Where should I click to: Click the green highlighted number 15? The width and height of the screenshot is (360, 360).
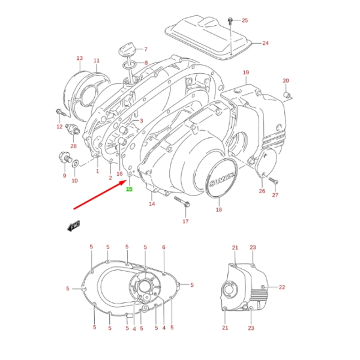pos(128,190)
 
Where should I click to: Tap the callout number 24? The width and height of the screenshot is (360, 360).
pos(265,43)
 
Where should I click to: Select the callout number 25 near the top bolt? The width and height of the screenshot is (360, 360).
pos(244,20)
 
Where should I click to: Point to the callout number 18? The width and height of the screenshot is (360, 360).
pos(219,210)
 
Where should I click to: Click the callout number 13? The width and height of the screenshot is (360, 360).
pos(79,58)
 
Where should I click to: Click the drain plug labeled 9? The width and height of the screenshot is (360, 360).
pos(62,158)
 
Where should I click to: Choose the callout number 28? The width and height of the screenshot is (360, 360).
pos(73,146)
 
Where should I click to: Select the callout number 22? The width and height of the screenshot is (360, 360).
pos(282,287)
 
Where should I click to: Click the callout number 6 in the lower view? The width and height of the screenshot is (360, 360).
pos(163,247)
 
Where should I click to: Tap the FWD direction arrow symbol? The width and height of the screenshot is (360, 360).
pos(74,226)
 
